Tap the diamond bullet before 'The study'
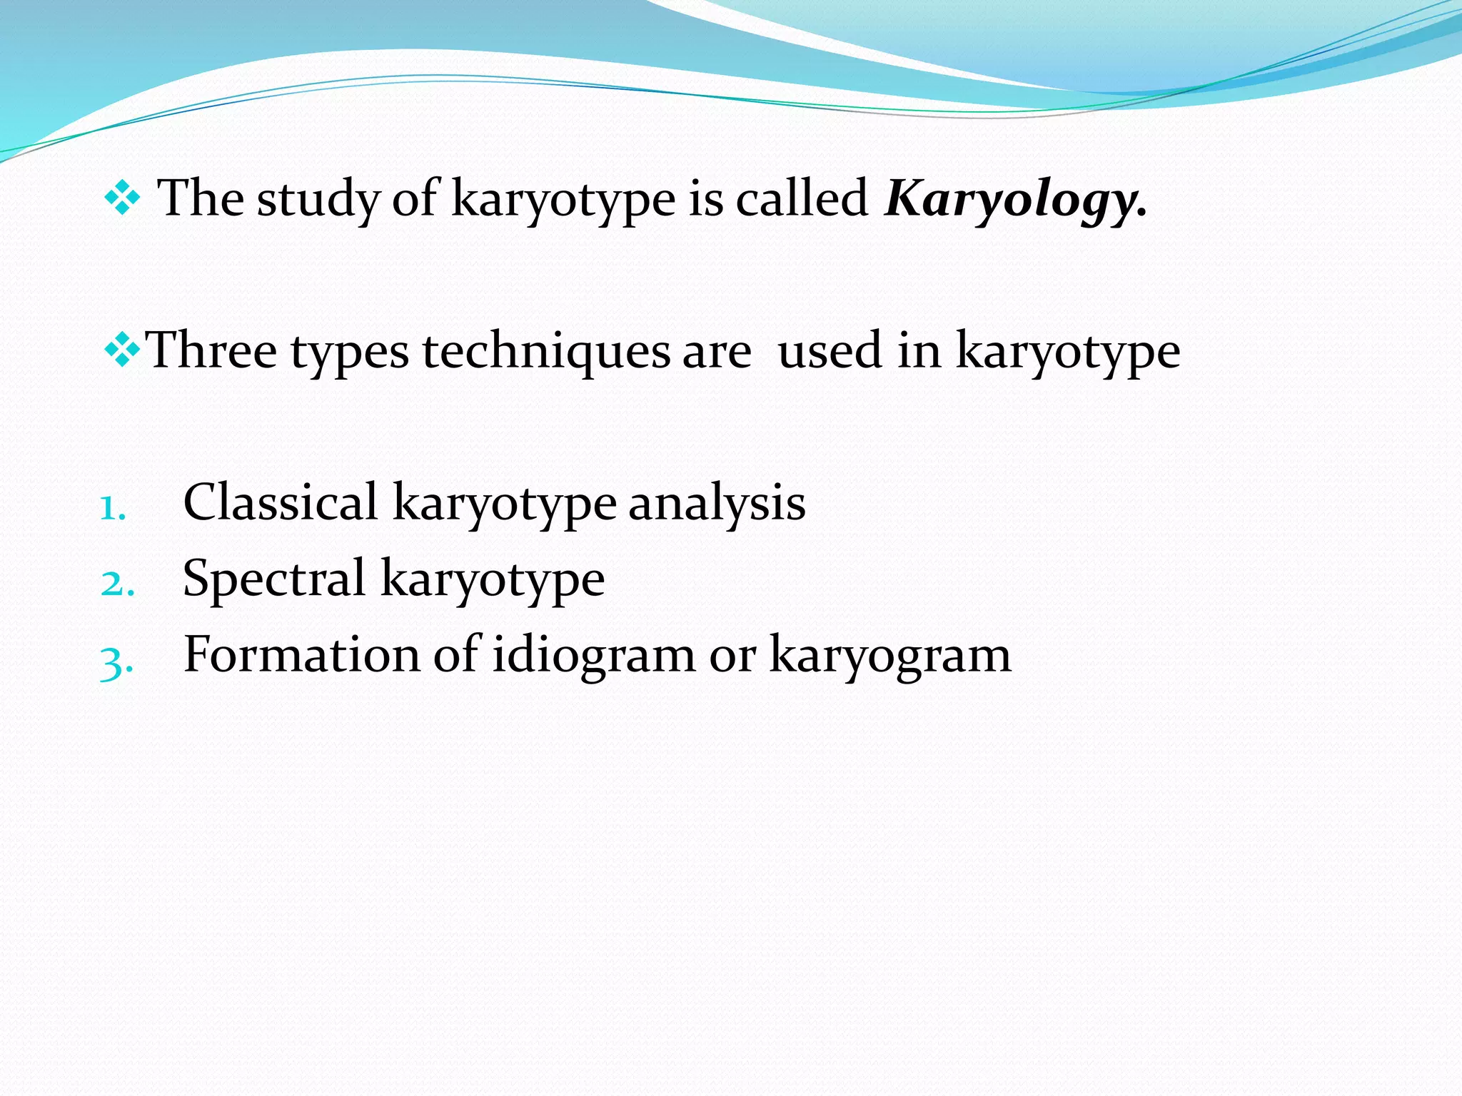point(122,198)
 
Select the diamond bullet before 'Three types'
point(122,350)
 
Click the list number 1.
point(113,508)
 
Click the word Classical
point(280,502)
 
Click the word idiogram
point(593,655)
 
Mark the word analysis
point(717,504)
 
